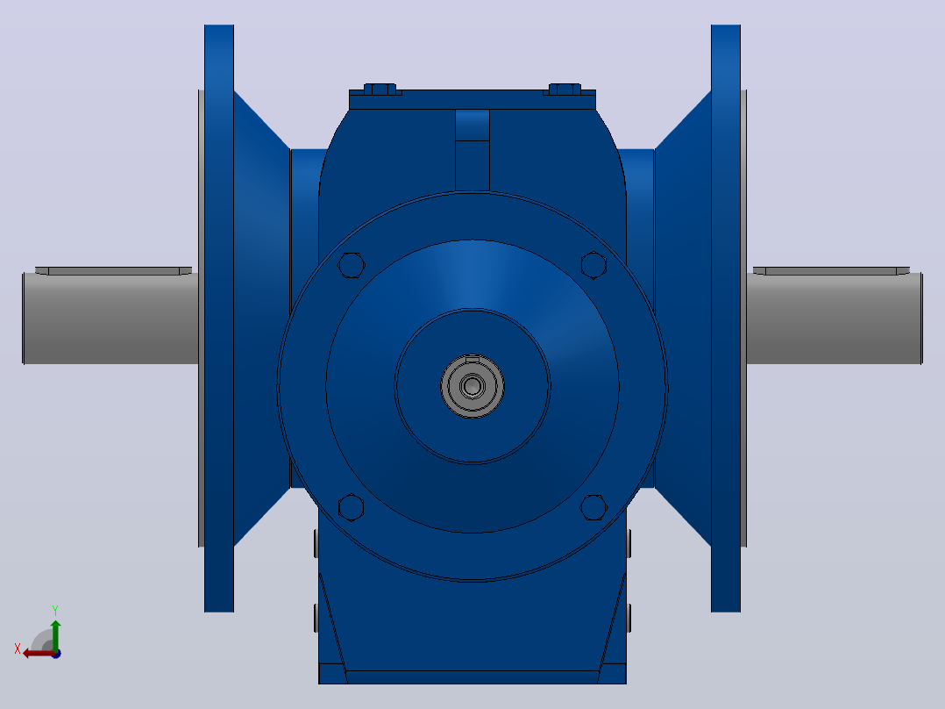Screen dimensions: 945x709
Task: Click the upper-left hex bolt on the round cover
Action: [352, 265]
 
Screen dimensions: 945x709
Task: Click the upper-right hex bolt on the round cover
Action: [593, 265]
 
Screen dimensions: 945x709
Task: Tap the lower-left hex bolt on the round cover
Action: [352, 507]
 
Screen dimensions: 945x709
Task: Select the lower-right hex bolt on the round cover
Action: [593, 507]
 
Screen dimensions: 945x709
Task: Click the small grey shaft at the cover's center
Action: [472, 386]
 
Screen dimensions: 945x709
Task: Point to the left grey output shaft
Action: [110, 318]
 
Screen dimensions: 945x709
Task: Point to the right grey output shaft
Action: [835, 318]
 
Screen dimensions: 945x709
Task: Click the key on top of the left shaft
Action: [113, 271]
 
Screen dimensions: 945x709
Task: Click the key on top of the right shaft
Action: [832, 271]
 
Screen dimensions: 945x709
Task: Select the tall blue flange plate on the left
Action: [219, 319]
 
